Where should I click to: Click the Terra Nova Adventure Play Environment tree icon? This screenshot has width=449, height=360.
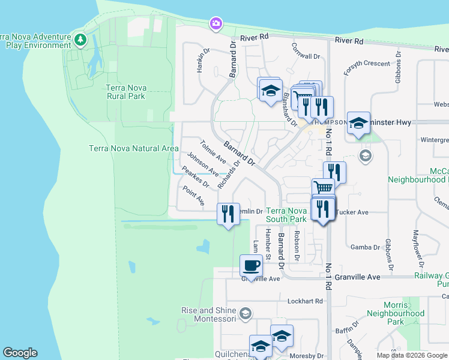coord(80,40)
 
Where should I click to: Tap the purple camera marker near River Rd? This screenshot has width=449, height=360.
coord(215,23)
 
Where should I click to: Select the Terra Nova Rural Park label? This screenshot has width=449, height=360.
coord(125,91)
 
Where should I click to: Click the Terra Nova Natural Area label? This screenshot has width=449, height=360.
coord(133,148)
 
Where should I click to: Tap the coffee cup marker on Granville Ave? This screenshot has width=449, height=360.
coord(251,265)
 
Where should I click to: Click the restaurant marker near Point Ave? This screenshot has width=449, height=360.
coord(228,215)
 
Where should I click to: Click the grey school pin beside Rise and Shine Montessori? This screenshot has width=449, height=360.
coord(245,313)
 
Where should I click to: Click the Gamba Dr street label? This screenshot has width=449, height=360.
coord(365,247)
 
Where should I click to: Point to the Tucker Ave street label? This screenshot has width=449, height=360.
coord(354,212)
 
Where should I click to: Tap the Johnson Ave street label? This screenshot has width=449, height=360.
coord(203,164)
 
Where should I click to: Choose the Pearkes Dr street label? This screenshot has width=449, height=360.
coord(195,178)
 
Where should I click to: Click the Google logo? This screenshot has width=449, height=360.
coord(20,353)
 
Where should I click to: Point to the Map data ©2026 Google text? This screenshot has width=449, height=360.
coord(411,355)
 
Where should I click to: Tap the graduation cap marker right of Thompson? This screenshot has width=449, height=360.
coord(358,124)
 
